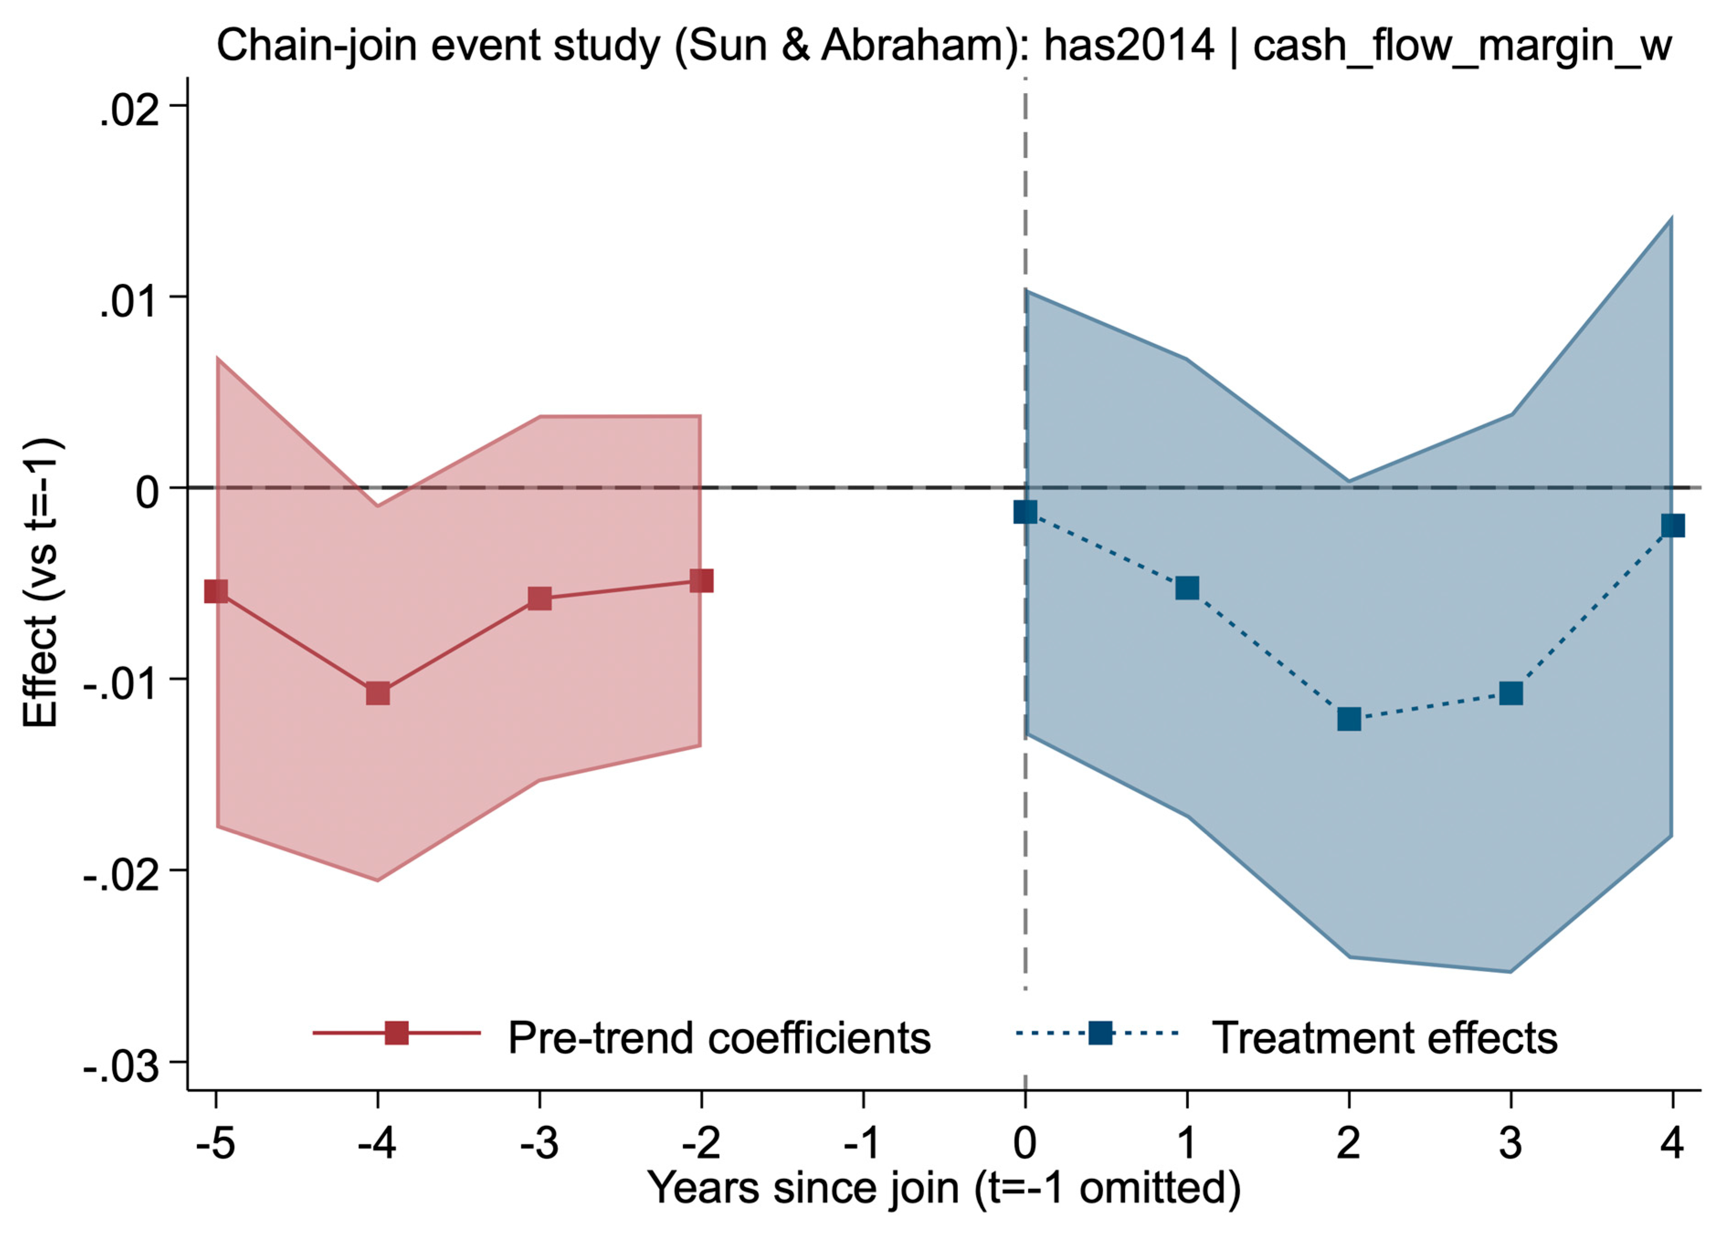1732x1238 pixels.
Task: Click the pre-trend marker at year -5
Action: click(216, 591)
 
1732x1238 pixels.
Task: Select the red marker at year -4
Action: click(378, 694)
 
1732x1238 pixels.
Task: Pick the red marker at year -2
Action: click(701, 581)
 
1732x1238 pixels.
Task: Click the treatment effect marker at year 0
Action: click(1025, 512)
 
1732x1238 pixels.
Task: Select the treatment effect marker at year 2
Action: click(1348, 718)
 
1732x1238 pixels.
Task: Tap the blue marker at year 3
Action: click(1510, 694)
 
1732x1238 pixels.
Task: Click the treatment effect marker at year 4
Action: click(1672, 525)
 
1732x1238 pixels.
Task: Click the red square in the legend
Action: click(396, 1033)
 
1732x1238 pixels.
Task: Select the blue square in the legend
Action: click(1100, 1033)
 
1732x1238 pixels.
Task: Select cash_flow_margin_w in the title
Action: click(1462, 46)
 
